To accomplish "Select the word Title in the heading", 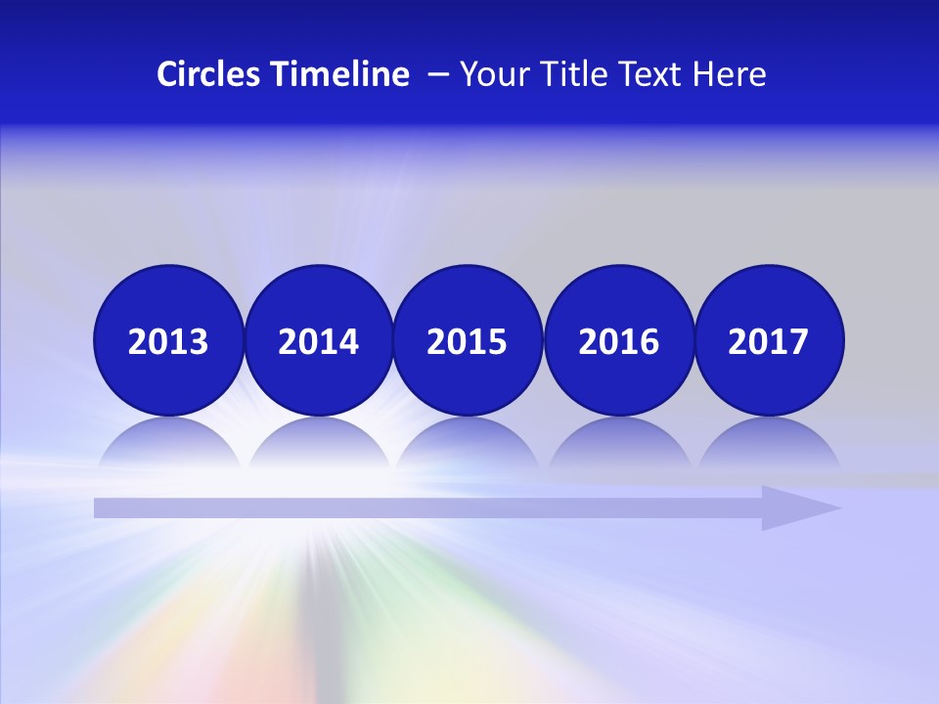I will [573, 74].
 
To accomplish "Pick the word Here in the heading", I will [730, 74].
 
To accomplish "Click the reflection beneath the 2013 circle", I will [168, 445].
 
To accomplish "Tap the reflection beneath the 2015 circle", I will [468, 445].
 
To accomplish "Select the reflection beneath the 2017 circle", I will [769, 445].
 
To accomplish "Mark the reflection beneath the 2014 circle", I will [318, 445].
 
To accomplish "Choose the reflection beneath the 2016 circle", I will [618, 445].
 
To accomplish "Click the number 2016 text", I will [618, 342].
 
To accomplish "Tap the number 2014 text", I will [318, 342].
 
